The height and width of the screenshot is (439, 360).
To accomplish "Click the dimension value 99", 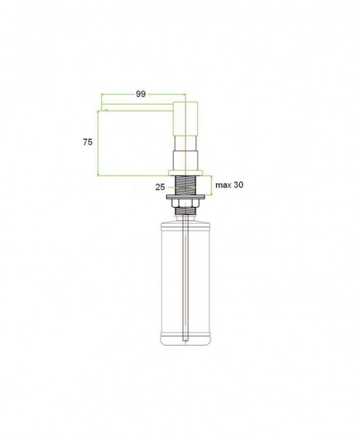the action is click(x=140, y=94).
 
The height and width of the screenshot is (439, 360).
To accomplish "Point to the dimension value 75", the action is click(x=88, y=143).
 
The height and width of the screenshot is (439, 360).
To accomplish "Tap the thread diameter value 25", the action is click(x=160, y=187).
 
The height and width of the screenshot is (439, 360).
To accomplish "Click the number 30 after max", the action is click(x=238, y=185).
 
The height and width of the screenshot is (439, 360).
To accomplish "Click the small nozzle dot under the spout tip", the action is click(x=106, y=110).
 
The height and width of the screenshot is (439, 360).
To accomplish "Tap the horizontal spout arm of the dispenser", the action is click(x=137, y=107).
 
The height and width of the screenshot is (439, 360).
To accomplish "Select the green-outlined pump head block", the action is click(x=186, y=118).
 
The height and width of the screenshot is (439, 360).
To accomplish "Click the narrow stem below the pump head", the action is click(x=186, y=143).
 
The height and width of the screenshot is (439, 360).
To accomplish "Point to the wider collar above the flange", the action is click(x=186, y=161).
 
